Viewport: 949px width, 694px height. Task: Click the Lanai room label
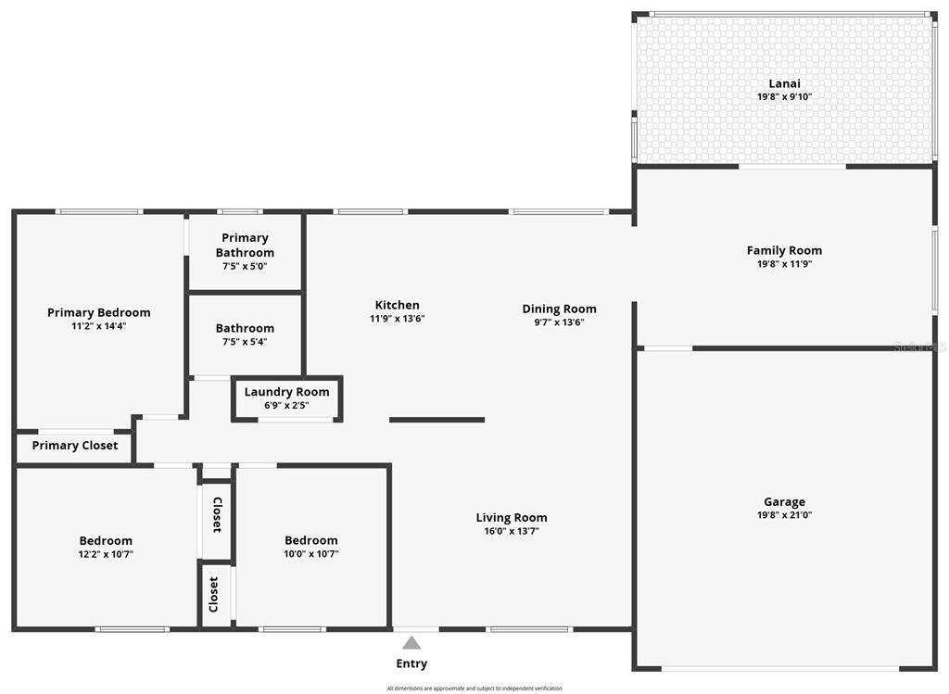(784, 83)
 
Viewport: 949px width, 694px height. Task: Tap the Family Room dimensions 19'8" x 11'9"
(784, 264)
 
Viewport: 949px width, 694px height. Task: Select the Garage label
(784, 502)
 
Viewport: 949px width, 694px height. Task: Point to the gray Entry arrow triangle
(411, 643)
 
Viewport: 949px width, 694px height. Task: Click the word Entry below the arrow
(411, 663)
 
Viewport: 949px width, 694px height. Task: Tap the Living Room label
(512, 518)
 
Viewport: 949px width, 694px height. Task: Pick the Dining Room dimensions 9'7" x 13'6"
(559, 322)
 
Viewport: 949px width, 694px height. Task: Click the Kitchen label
(397, 305)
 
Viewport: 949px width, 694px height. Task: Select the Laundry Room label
(286, 392)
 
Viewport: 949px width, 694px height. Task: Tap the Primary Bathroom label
(245, 246)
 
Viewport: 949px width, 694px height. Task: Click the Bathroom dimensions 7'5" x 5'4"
(245, 342)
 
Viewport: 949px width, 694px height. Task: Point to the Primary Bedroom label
(98, 312)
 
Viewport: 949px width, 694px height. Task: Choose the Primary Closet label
(75, 446)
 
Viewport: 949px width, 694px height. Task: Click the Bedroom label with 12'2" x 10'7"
(106, 540)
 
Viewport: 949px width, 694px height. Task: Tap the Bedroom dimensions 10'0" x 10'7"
(311, 554)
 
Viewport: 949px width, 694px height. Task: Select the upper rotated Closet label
(217, 514)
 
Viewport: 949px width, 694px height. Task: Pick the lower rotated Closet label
(214, 594)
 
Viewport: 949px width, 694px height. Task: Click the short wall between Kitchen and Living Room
(437, 420)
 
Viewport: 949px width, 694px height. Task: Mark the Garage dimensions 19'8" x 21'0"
(784, 515)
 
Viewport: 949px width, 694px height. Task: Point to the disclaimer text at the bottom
(474, 688)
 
